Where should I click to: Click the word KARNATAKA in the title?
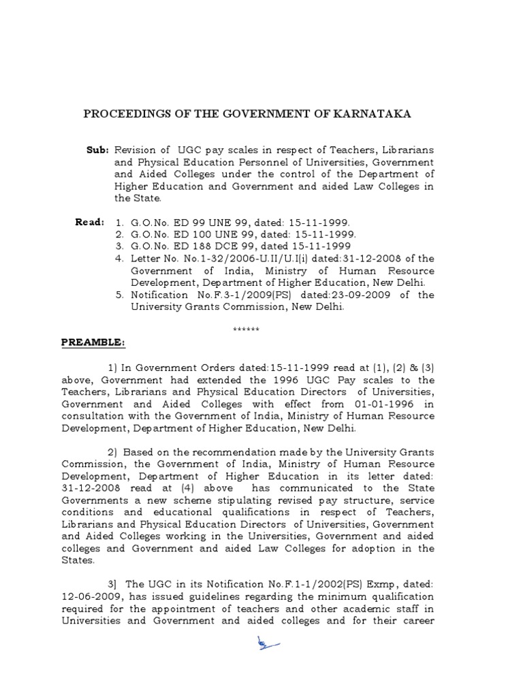[377, 114]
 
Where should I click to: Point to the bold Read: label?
[89, 222]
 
